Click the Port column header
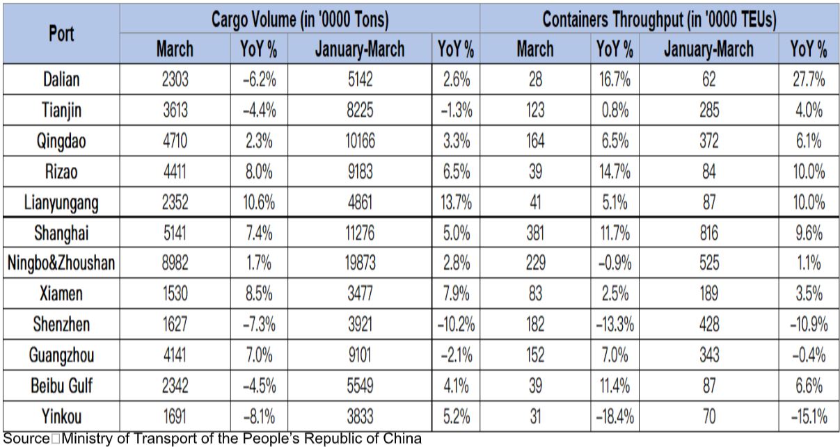tap(61, 33)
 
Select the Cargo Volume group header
tap(299, 19)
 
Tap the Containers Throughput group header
tap(659, 19)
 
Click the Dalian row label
tap(61, 79)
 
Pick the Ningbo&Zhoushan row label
tap(61, 263)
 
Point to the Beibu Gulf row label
tap(61, 386)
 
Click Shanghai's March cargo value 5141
tap(175, 233)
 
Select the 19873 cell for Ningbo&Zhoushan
tap(359, 263)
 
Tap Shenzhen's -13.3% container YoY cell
tap(615, 325)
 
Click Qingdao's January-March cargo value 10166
tap(359, 141)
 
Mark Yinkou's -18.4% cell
tap(615, 416)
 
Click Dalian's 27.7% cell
tap(809, 79)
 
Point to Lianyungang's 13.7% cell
tap(457, 202)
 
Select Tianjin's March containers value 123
tap(534, 111)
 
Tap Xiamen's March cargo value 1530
tap(175, 294)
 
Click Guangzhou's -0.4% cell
tap(809, 355)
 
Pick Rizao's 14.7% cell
tap(615, 172)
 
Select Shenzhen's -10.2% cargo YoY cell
tap(457, 325)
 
